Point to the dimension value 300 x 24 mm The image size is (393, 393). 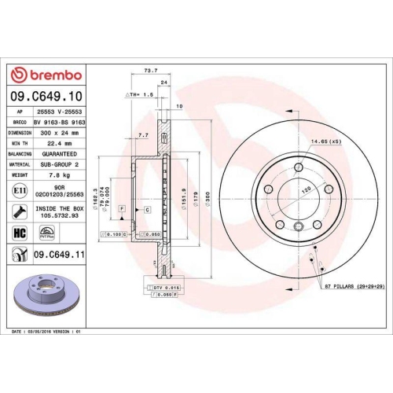click(58, 133)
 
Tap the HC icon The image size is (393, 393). click(19, 233)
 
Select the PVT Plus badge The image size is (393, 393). click(47, 233)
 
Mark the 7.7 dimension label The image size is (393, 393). click(142, 135)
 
